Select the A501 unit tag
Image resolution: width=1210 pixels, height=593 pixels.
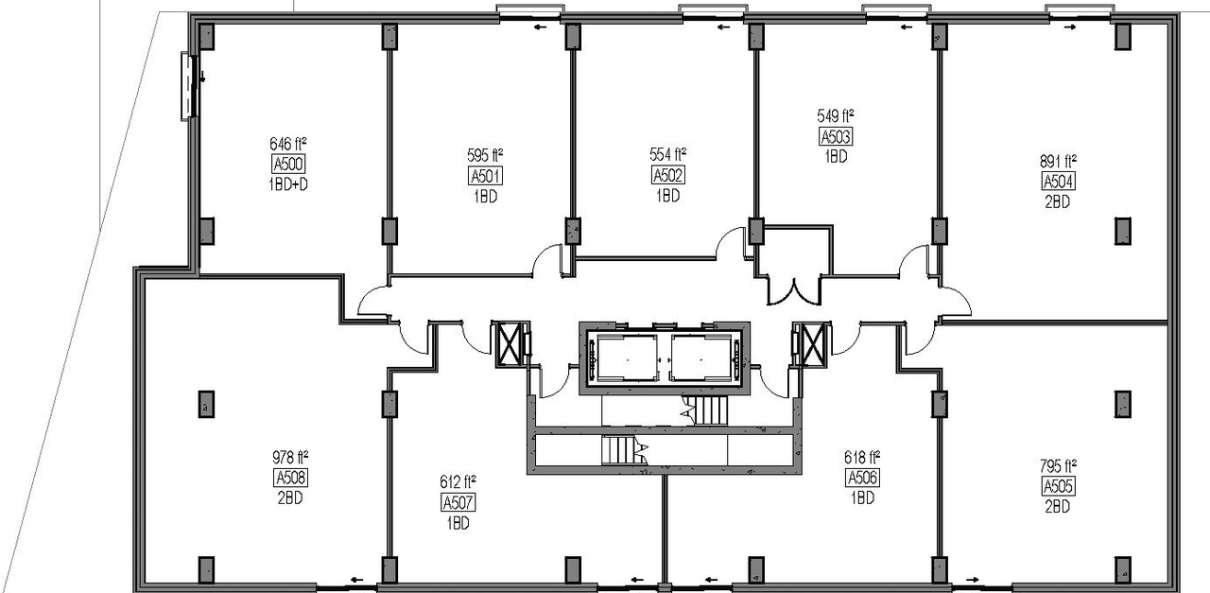coord(485,176)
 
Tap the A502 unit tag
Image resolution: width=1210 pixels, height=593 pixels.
coord(668,176)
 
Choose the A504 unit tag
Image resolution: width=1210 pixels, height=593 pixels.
coord(1058,182)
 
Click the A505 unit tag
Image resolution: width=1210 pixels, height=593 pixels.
coord(1058,486)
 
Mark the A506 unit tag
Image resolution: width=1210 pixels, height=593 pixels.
coord(862,478)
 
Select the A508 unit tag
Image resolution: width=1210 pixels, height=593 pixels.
coord(290,477)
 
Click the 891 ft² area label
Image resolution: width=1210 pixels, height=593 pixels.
coord(1059,161)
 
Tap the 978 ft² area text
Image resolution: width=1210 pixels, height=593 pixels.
coord(290,457)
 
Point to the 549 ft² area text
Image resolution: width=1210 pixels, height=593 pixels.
coord(836,117)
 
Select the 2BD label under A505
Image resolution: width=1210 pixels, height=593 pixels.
coord(1058,506)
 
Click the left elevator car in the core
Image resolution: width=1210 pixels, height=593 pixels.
coord(624,357)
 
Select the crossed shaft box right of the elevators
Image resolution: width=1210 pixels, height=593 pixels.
coord(810,343)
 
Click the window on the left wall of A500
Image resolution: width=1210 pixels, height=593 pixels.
coord(189,85)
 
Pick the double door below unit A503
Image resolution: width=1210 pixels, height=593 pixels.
coord(794,288)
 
